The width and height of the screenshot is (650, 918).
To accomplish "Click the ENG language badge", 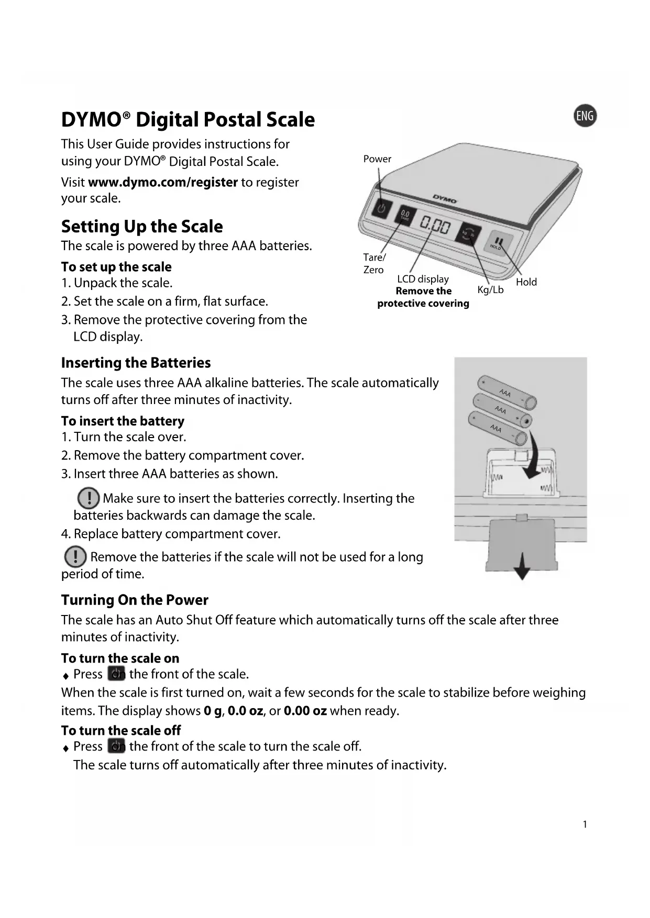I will pyautogui.click(x=585, y=116).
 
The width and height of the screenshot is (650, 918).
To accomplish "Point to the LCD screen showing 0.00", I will pyautogui.click(x=435, y=226).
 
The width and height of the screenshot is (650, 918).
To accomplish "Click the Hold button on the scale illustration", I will pyautogui.click(x=498, y=242).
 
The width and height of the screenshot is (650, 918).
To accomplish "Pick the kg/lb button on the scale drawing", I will pyautogui.click(x=468, y=233).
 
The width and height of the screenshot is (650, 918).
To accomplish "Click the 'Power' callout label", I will pyautogui.click(x=377, y=159).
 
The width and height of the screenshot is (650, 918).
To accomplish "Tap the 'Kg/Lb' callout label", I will pyautogui.click(x=490, y=290).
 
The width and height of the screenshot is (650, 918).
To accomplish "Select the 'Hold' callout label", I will pyautogui.click(x=526, y=282).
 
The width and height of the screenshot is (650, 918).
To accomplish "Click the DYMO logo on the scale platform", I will pyautogui.click(x=445, y=199).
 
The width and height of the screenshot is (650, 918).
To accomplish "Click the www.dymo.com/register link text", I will pyautogui.click(x=163, y=182).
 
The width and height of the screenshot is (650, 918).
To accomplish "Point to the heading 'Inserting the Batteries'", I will pyautogui.click(x=136, y=363).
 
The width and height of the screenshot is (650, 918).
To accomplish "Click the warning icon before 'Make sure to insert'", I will pyautogui.click(x=88, y=498).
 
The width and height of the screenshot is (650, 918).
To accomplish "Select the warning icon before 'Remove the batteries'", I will pyautogui.click(x=75, y=556).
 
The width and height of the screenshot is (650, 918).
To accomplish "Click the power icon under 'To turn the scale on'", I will pyautogui.click(x=116, y=674).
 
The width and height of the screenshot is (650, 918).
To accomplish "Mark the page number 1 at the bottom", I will pyautogui.click(x=585, y=825).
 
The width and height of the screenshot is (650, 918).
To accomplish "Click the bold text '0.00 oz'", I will pyautogui.click(x=305, y=711).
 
